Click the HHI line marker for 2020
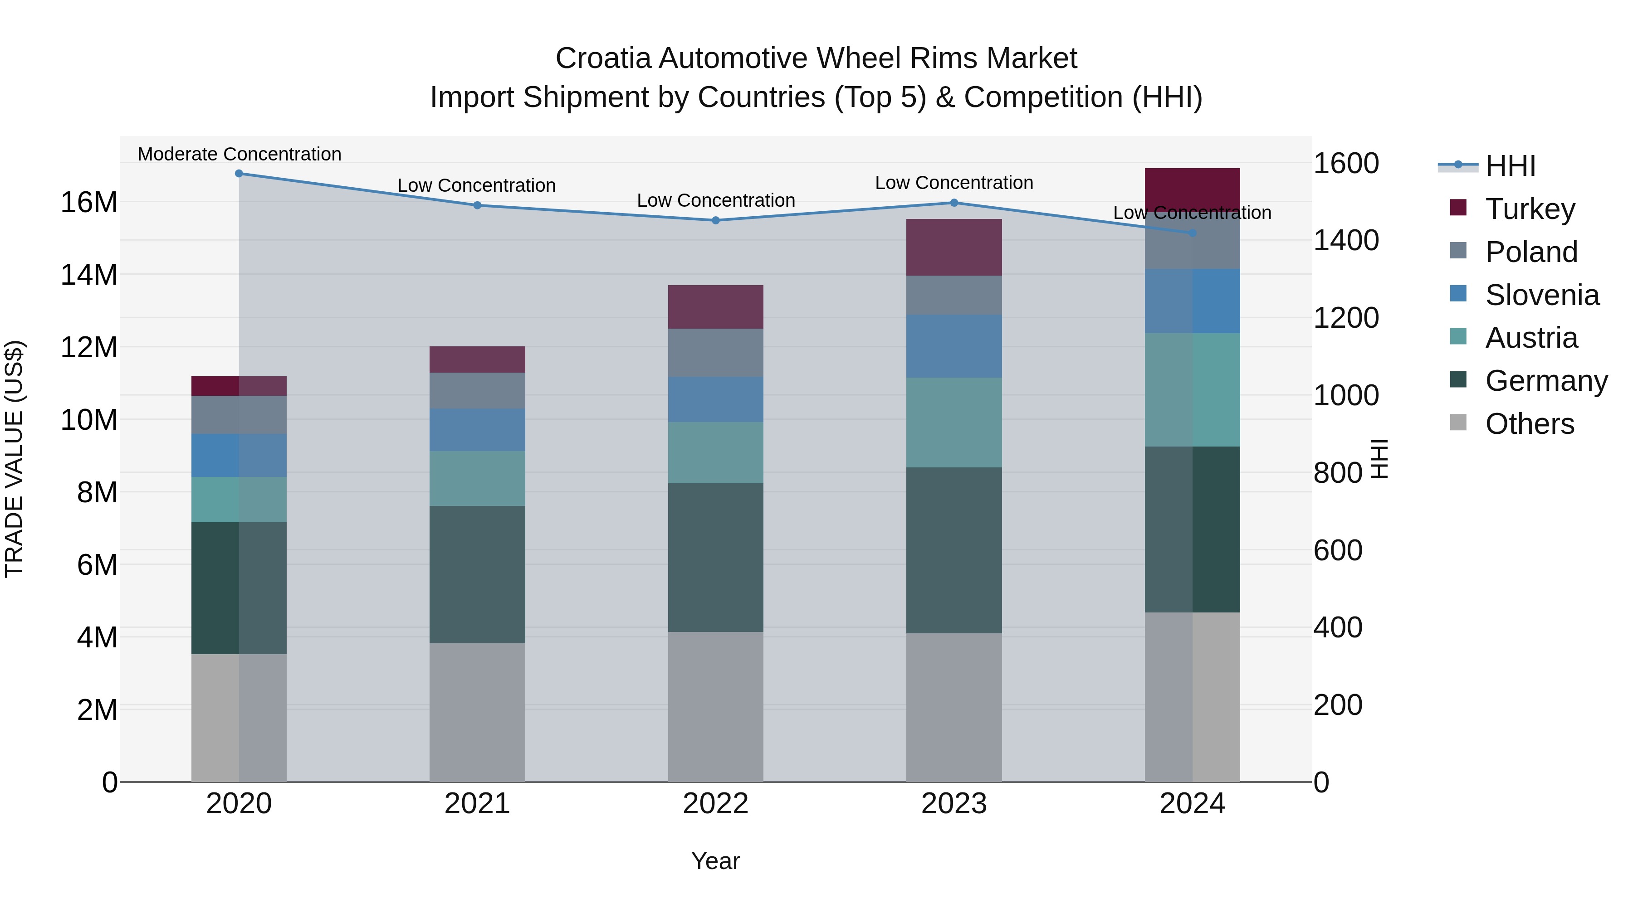tap(239, 174)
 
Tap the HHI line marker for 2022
tap(716, 220)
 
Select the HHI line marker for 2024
tap(1193, 233)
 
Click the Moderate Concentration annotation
tap(239, 154)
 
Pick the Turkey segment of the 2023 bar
tap(953, 247)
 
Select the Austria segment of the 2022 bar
tap(716, 452)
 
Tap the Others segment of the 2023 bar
tap(953, 707)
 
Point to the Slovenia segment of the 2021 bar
tap(477, 430)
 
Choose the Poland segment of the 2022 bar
tap(716, 352)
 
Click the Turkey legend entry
tap(1530, 209)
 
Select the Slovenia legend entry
tap(1542, 295)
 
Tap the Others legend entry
tap(1529, 424)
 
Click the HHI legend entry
tap(1510, 166)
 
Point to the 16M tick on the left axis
tap(89, 203)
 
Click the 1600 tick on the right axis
tap(1346, 164)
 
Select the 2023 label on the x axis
tap(953, 804)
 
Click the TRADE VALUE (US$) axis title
tap(14, 459)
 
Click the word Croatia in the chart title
tap(603, 58)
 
